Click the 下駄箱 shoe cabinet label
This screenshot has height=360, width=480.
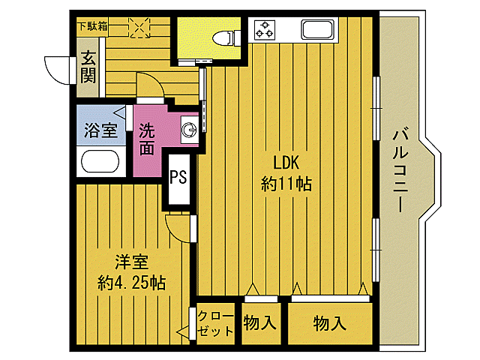click(x=92, y=26)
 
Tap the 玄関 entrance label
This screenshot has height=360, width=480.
click(x=88, y=65)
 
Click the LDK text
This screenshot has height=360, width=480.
click(x=286, y=163)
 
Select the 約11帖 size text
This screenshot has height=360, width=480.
click(x=286, y=183)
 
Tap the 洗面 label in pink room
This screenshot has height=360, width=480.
click(x=148, y=139)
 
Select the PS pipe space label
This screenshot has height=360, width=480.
click(x=178, y=177)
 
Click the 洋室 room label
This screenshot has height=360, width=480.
click(x=131, y=262)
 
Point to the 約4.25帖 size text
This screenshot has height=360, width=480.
click(x=131, y=283)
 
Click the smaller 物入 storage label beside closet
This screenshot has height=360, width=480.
click(x=260, y=323)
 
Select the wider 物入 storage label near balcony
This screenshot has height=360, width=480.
click(x=330, y=323)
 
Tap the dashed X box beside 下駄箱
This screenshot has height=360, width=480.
click(x=139, y=26)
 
